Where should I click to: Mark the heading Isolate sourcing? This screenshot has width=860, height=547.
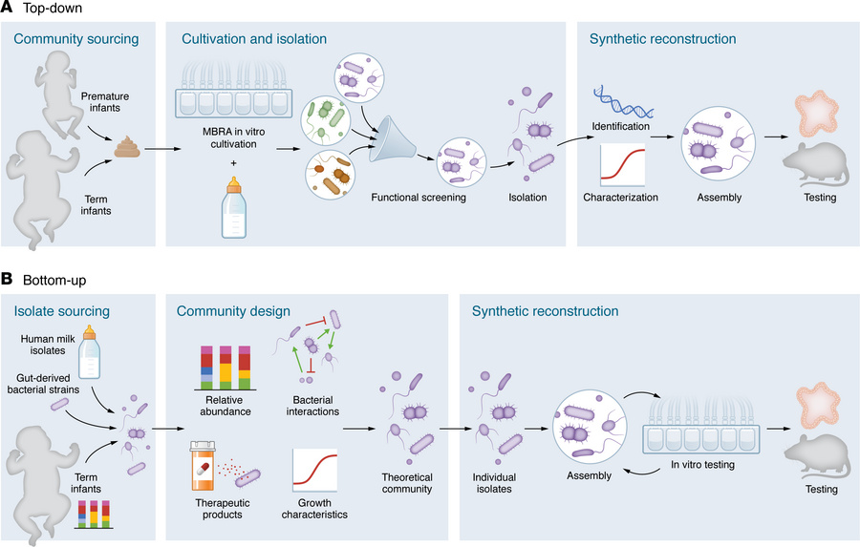tap(62, 311)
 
